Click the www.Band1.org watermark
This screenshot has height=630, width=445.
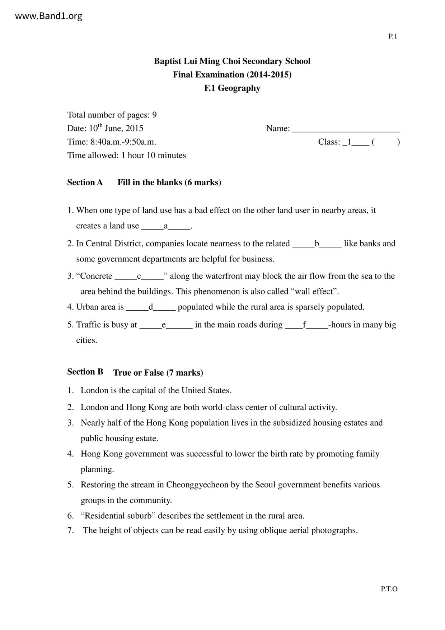click(x=49, y=16)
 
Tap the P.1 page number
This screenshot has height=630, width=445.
click(x=393, y=36)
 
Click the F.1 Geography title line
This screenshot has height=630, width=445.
click(x=232, y=88)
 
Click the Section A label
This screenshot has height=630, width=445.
click(x=85, y=182)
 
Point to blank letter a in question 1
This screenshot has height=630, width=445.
click(x=166, y=226)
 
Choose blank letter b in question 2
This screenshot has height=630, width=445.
click(x=317, y=244)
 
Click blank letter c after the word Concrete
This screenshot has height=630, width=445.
click(x=139, y=276)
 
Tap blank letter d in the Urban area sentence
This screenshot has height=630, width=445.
click(x=151, y=307)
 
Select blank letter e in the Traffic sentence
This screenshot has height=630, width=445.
click(x=164, y=325)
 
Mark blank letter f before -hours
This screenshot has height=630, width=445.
click(x=304, y=325)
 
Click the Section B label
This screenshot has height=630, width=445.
click(x=85, y=372)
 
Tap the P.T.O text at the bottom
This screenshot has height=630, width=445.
click(x=389, y=589)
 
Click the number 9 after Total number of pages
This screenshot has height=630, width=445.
click(x=154, y=115)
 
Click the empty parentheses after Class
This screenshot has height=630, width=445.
click(x=386, y=142)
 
